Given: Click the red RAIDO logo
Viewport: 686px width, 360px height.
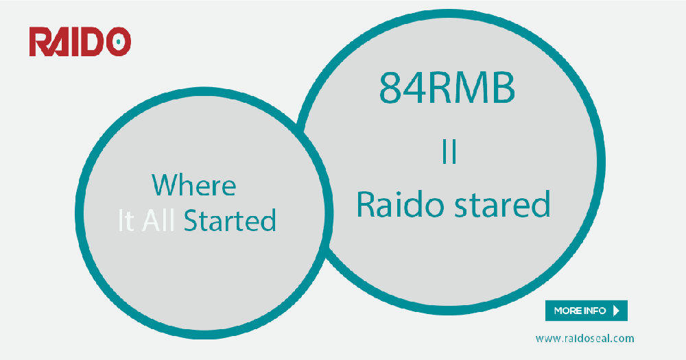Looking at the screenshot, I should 80,41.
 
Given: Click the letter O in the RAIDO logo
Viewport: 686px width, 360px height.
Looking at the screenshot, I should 118,41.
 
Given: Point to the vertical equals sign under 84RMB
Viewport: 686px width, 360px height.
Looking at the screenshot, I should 449,152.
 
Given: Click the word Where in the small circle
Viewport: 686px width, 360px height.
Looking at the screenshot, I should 193,185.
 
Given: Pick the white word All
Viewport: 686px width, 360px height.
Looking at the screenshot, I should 159,221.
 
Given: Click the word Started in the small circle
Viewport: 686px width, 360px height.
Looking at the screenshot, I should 230,221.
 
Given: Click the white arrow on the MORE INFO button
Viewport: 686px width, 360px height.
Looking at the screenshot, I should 616,311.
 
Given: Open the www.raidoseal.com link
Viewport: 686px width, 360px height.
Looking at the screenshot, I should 584,338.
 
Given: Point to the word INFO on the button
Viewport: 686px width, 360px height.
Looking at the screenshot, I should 594,311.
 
